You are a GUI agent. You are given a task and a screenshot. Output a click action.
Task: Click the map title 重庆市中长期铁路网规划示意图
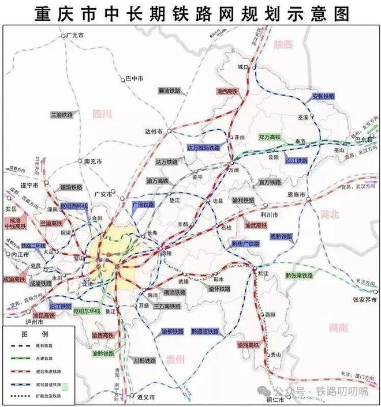pos(190,12)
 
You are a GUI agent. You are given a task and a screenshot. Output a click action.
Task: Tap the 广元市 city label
pos(76,36)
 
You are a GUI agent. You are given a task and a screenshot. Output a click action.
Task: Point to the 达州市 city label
pos(158,131)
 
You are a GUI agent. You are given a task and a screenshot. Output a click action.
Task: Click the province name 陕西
pos(284,44)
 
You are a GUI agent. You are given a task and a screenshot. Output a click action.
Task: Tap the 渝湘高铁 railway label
pos(249,345)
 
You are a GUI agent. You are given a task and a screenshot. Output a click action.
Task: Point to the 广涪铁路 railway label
pos(144,205)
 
